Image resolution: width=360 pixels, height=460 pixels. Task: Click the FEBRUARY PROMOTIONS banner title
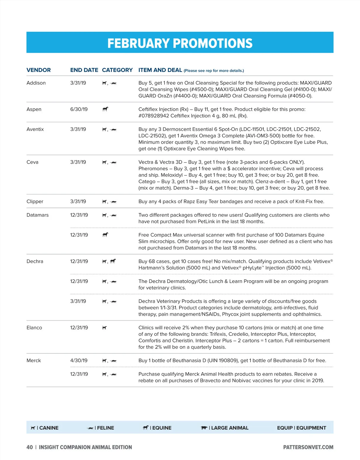click(x=180, y=43)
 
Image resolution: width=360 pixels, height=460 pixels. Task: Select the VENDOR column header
click(x=39, y=70)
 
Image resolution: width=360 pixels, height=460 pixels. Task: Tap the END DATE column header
click(x=84, y=70)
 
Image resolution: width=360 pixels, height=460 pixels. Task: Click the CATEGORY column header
click(x=117, y=70)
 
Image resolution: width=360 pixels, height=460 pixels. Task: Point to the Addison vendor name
click(x=36, y=83)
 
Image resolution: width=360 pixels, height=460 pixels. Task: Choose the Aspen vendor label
click(x=34, y=109)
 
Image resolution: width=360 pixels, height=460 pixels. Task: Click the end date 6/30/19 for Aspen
click(x=79, y=109)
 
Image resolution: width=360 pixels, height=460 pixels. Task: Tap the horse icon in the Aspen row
click(x=105, y=109)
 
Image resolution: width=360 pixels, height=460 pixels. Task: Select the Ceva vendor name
click(x=32, y=162)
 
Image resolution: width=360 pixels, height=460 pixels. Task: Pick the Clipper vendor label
click(x=35, y=201)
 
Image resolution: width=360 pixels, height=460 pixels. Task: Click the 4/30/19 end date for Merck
click(x=79, y=360)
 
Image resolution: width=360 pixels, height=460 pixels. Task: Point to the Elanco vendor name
click(x=34, y=328)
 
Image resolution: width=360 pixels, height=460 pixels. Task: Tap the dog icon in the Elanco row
click(x=104, y=328)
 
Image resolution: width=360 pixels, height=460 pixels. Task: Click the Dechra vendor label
click(x=35, y=261)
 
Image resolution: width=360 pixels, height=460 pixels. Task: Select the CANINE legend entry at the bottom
click(x=45, y=428)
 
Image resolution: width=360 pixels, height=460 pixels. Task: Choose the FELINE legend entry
click(x=101, y=428)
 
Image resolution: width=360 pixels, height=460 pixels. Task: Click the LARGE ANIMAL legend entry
click(x=225, y=428)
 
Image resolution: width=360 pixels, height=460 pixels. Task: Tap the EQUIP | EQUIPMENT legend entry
click(x=301, y=428)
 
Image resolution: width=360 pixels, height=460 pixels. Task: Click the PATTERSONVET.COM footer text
click(x=308, y=447)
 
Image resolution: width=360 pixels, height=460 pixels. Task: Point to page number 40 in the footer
click(x=30, y=447)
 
